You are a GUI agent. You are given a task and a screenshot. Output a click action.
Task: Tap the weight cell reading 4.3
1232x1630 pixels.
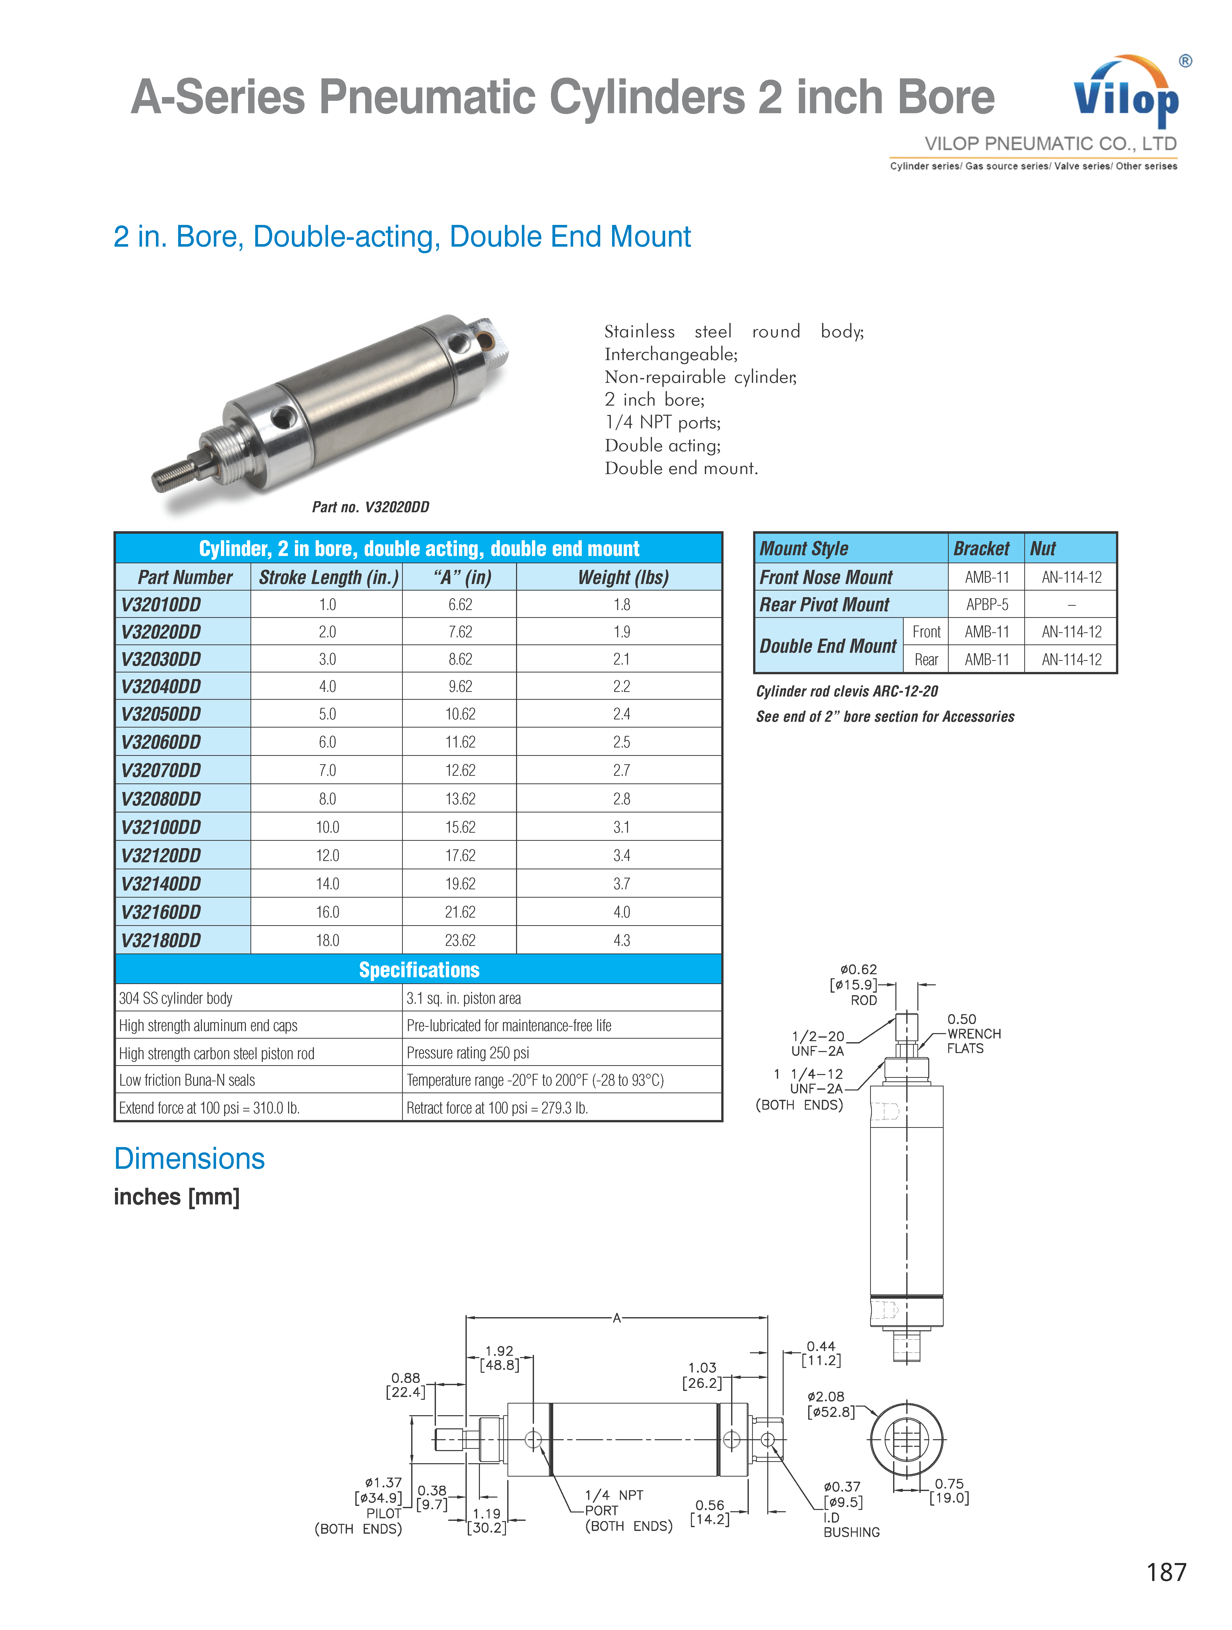point(621,940)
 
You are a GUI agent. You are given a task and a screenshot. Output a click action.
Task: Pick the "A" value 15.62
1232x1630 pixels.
point(460,827)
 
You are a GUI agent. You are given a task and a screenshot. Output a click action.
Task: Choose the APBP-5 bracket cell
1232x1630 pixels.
point(987,604)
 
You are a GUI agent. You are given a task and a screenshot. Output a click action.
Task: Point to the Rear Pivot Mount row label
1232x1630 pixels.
point(825,604)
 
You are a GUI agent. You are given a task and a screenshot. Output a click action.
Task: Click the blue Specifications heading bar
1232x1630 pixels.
point(419,970)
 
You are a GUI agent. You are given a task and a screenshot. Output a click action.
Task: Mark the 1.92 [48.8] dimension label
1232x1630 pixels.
point(499,1357)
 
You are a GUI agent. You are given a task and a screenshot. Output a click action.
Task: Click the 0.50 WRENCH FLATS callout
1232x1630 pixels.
point(973,1033)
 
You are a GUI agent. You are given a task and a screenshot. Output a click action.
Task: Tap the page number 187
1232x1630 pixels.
point(1166,1572)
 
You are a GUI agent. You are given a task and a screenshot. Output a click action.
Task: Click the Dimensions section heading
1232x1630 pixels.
point(189,1158)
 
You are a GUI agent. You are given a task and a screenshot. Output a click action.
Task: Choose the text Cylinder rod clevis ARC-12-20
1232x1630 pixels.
point(847,691)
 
